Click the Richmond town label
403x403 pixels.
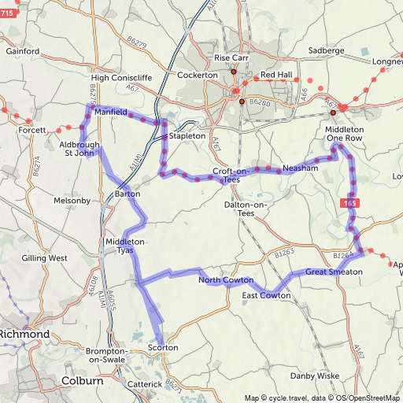tap(25, 335)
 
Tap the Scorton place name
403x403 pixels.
tap(164, 347)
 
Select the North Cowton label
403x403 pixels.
tap(226, 280)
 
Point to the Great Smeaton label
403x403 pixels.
tap(334, 272)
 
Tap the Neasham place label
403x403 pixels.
tap(300, 168)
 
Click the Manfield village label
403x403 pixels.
tap(111, 113)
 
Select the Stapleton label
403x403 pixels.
tap(187, 136)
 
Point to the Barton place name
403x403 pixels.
tap(128, 193)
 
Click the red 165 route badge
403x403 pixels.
tap(352, 204)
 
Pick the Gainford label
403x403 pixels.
tap(23, 51)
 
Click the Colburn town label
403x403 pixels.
tap(83, 381)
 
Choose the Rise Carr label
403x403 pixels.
tap(231, 58)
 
